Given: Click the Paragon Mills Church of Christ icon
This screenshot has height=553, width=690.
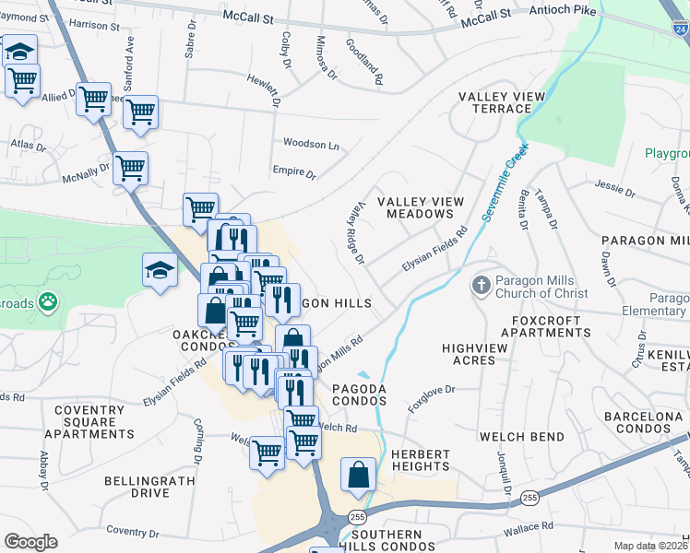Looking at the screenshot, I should pos(481,286).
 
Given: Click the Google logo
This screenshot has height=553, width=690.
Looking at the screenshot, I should pos(30,542).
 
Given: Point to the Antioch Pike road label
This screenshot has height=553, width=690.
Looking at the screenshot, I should pos(565,11).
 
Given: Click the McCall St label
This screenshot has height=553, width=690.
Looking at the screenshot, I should pos(245,16).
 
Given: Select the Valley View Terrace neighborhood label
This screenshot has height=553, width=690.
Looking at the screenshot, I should pos(495,101).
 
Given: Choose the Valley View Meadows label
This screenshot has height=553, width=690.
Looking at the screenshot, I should pos(420,207).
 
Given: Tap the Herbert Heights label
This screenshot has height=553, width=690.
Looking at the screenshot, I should pos(419,460).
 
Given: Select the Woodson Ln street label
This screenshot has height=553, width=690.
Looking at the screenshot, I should pos(311,145).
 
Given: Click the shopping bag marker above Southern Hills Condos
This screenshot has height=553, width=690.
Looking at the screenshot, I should pos(358,474).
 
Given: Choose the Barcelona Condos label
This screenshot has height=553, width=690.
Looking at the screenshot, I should pos(641,423).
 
